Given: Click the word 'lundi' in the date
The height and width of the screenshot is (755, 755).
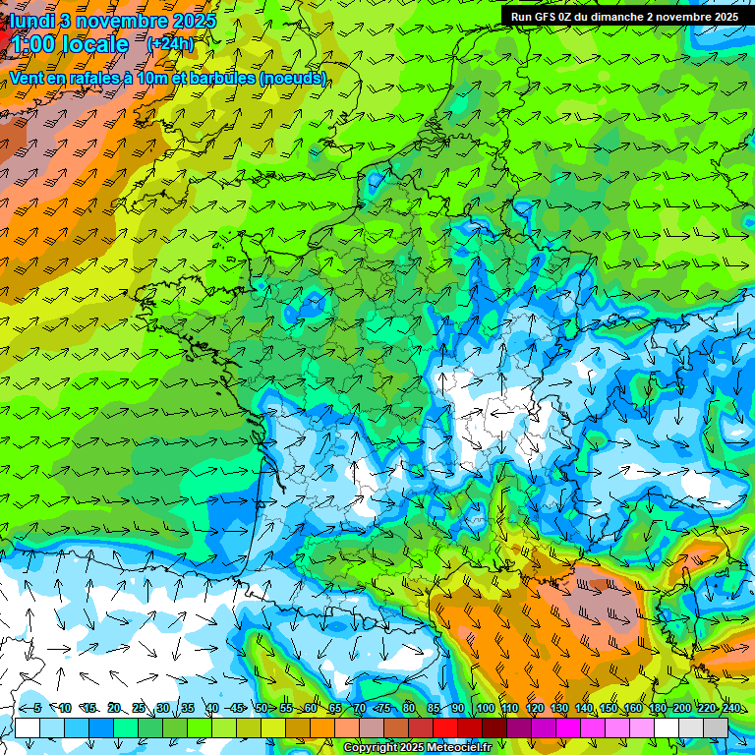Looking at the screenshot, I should pos(31,21).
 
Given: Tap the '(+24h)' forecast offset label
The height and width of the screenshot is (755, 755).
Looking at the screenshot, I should pos(170,43).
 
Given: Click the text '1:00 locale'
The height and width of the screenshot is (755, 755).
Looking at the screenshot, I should pos(71,44).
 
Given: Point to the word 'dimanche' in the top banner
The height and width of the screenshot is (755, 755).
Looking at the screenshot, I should pos(613,17).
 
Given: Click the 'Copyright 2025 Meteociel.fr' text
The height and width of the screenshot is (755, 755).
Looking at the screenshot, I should pos(418,748).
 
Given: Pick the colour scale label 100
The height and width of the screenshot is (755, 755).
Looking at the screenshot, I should pos(485,709).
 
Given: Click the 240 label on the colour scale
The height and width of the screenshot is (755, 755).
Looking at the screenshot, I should pos(730,709).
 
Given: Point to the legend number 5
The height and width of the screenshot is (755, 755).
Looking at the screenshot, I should pos(37,709).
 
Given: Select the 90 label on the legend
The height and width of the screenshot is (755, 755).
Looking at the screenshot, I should pos(458,709).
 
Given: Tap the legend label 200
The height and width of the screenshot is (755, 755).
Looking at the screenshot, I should pos(681,709).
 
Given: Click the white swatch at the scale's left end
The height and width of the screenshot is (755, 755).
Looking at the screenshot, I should pos(28,727).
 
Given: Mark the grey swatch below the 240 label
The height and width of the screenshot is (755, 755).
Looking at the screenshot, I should pos(716,727).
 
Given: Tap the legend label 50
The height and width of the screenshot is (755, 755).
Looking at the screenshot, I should pos(261,709).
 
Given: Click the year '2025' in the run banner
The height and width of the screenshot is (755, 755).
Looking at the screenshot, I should pos(726,17).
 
